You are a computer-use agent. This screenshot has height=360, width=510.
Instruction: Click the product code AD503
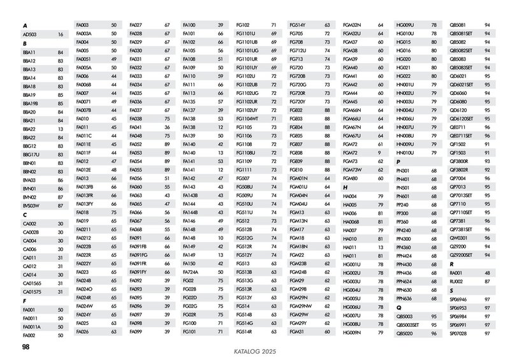[30, 34]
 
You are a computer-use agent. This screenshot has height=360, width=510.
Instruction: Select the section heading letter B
[24, 43]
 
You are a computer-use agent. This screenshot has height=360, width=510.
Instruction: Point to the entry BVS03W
[32, 206]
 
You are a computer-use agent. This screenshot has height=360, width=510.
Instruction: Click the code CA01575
[33, 292]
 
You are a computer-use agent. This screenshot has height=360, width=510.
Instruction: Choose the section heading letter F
[24, 301]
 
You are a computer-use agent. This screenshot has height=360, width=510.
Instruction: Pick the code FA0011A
[33, 326]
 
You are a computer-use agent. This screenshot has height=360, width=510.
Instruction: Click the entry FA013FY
[85, 203]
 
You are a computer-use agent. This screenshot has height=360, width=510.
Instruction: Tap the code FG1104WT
[247, 119]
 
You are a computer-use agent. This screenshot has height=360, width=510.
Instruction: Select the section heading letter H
[345, 188]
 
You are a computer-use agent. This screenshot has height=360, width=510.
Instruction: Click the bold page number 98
[26, 347]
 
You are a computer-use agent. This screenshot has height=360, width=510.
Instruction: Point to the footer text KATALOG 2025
[254, 351]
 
